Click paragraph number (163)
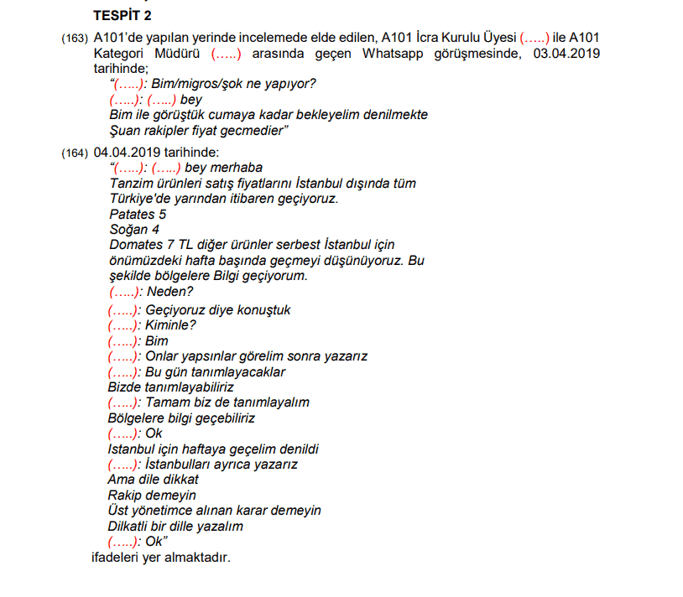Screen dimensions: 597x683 point(74,39)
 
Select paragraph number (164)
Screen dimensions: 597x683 point(74,153)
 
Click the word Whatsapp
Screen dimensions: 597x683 point(395,54)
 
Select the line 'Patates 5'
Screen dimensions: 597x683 point(138,214)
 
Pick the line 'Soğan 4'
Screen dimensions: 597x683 point(134,229)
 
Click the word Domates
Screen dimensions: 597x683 point(136,245)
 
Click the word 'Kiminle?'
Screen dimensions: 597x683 point(170,325)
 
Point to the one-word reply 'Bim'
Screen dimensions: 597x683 point(156,340)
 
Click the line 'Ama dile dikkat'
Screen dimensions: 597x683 point(154,480)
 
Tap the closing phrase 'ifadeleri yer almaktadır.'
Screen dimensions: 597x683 point(160,557)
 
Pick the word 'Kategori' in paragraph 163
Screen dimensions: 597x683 point(120,54)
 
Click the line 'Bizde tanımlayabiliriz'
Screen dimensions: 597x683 point(171,387)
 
